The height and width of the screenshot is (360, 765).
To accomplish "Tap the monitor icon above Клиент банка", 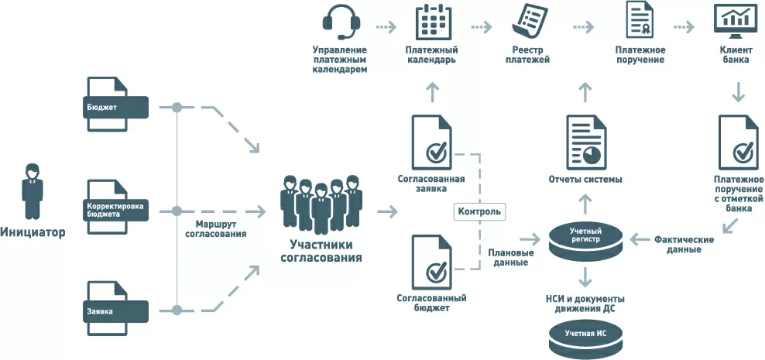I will tap(734, 21).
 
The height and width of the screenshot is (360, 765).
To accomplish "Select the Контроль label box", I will tap(480, 211).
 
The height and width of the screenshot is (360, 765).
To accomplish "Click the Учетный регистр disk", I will tap(585, 241).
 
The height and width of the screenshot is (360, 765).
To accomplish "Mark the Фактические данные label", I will tap(684, 245).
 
